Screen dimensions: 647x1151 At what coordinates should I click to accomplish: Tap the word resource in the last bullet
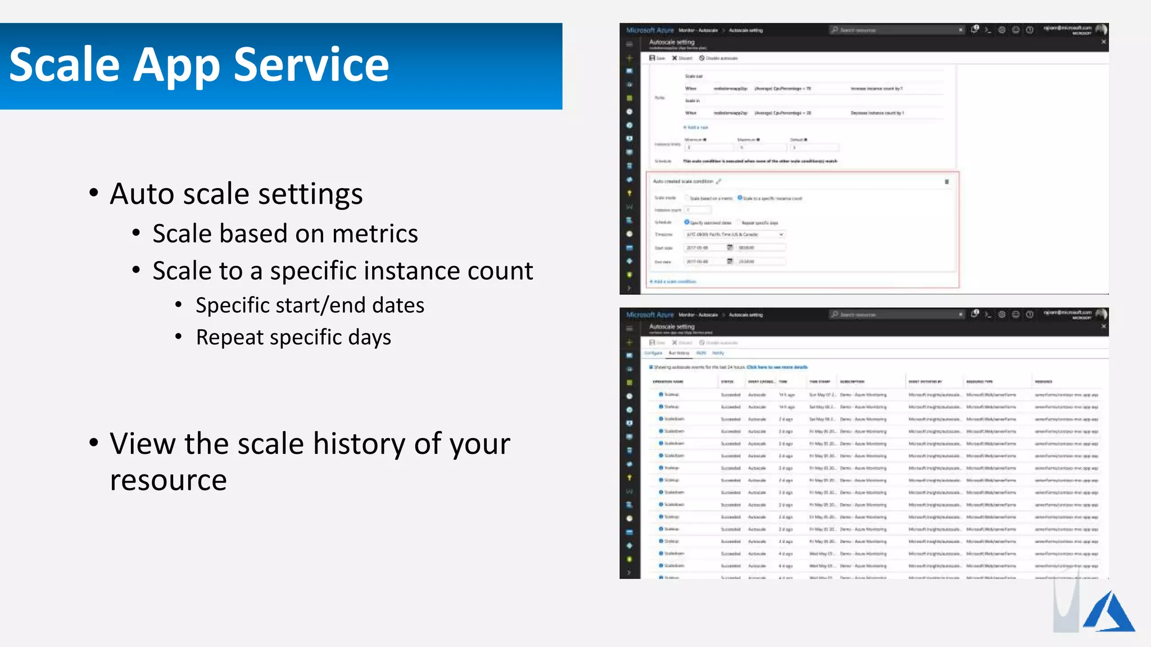[x=168, y=480]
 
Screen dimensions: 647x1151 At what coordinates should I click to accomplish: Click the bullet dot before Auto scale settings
[x=94, y=193]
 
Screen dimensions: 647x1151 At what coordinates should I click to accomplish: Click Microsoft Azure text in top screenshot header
[x=650, y=30]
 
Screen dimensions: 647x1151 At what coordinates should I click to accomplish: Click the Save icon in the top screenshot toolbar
[x=652, y=58]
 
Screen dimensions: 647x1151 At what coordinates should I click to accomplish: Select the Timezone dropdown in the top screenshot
[x=733, y=234]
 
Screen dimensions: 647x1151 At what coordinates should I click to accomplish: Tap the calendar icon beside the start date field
[x=729, y=248]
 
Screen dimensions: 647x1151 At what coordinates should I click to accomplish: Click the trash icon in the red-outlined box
[x=946, y=182]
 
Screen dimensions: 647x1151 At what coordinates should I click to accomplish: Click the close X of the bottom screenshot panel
[x=1103, y=326]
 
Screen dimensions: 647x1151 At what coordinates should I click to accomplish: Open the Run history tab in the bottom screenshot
[x=678, y=353]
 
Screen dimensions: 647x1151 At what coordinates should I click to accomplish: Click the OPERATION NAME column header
[x=668, y=382]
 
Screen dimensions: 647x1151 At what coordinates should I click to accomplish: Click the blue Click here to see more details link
[x=777, y=367]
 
